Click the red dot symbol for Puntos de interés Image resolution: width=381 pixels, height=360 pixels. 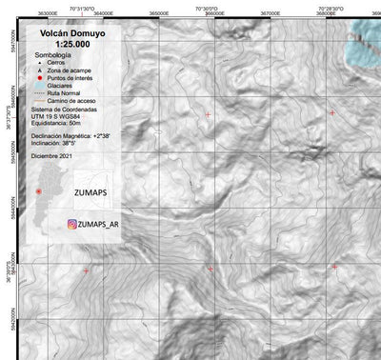[x=39, y=79]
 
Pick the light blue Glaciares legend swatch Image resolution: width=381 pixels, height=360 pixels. [x=39, y=87]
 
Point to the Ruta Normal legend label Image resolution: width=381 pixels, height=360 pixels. [x=68, y=94]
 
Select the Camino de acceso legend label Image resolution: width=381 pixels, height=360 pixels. [x=74, y=101]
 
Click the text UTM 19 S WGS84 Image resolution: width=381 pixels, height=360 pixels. [x=59, y=116]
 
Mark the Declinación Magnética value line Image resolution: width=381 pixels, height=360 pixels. [x=72, y=137]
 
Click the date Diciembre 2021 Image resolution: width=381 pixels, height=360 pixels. [x=52, y=153]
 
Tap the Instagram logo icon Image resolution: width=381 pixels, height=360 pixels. [x=72, y=225]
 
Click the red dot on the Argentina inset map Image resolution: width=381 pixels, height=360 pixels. [x=38, y=191]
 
